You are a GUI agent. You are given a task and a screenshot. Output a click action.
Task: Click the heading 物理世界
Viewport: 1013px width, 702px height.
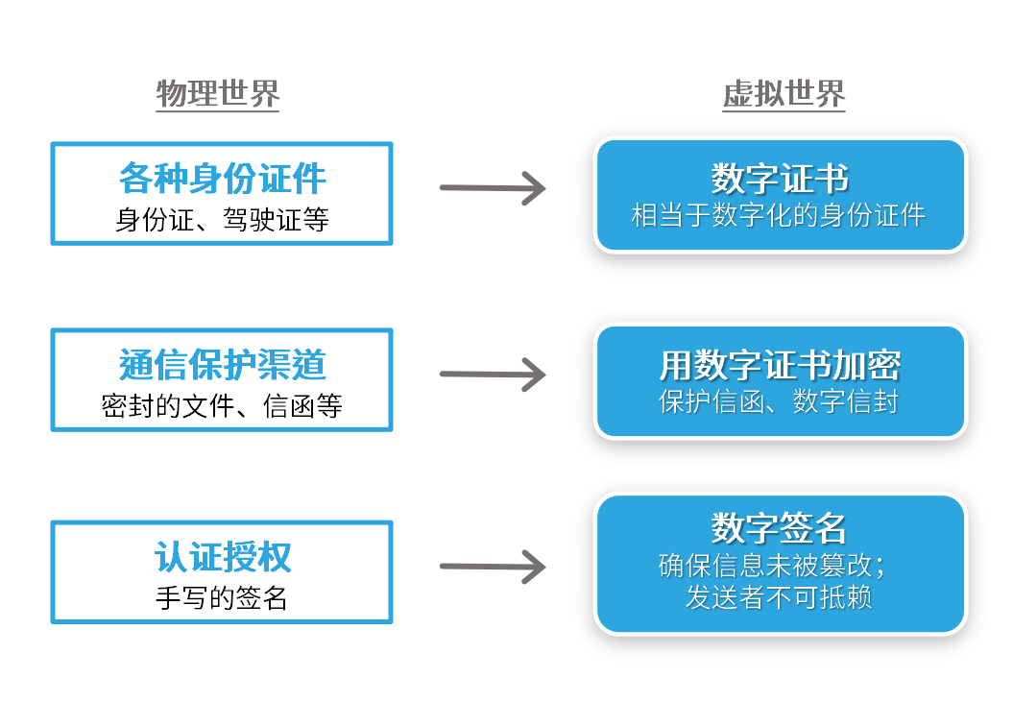click(x=218, y=94)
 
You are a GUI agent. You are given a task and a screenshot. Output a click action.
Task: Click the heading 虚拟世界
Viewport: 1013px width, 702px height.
click(x=784, y=94)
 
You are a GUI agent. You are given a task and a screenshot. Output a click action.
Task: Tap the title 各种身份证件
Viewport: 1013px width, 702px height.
click(x=222, y=179)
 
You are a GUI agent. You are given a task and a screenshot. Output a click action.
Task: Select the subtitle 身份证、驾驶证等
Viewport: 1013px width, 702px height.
click(x=222, y=220)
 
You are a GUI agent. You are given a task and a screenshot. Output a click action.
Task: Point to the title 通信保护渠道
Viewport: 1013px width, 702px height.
click(x=222, y=365)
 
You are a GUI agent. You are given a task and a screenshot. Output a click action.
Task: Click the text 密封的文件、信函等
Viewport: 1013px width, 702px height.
click(x=222, y=406)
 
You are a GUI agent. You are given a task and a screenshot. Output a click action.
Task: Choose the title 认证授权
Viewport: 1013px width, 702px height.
click(x=222, y=557)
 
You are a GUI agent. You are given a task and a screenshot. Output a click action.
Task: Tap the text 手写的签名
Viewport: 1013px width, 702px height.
click(x=222, y=598)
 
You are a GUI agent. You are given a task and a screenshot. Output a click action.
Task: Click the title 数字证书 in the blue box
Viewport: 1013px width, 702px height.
click(x=780, y=179)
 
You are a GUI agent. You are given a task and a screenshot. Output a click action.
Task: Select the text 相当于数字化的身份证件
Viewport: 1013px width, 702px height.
click(x=779, y=215)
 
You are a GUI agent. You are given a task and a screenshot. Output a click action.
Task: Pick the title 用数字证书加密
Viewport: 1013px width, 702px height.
click(x=780, y=365)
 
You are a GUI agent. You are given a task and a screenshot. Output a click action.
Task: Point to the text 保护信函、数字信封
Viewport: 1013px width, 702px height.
click(x=779, y=401)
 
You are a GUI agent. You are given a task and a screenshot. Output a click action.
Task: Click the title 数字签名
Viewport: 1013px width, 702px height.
click(x=780, y=527)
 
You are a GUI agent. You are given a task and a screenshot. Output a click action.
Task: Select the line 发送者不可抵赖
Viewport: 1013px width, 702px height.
click(x=779, y=597)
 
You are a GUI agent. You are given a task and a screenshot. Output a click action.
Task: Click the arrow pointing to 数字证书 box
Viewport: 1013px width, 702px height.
click(x=493, y=188)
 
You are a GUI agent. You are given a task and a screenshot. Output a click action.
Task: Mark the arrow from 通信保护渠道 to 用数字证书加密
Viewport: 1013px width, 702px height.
click(x=493, y=375)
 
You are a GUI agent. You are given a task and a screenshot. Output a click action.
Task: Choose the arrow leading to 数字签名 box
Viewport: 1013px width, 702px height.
click(x=493, y=566)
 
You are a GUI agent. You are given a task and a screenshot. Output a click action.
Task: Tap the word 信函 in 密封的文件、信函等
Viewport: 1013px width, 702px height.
click(x=290, y=406)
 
